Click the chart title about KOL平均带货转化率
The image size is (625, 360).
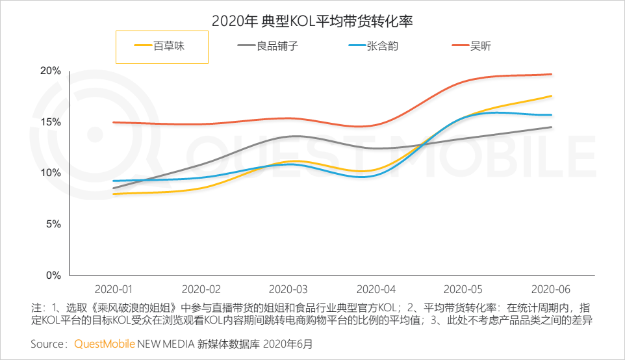click(312, 21)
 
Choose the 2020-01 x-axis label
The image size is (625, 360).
click(114, 288)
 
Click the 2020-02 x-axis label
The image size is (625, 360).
click(201, 288)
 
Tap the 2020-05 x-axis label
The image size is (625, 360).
click(464, 288)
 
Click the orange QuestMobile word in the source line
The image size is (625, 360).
click(105, 343)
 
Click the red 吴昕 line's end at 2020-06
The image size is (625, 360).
click(552, 74)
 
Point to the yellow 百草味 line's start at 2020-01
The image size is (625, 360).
click(114, 194)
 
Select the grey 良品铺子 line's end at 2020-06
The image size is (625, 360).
click(552, 127)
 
